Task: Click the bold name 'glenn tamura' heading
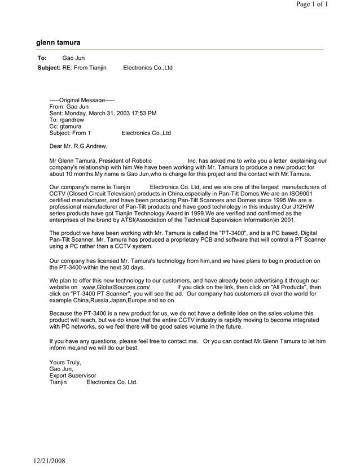click(58, 42)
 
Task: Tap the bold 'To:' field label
click(42, 58)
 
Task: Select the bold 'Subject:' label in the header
click(49, 68)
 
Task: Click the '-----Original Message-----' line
click(82, 100)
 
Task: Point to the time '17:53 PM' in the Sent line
click(143, 113)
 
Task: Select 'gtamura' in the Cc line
click(71, 127)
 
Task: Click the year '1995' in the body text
click(280, 200)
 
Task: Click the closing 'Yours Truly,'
click(65, 362)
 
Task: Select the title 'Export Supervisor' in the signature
click(73, 376)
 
